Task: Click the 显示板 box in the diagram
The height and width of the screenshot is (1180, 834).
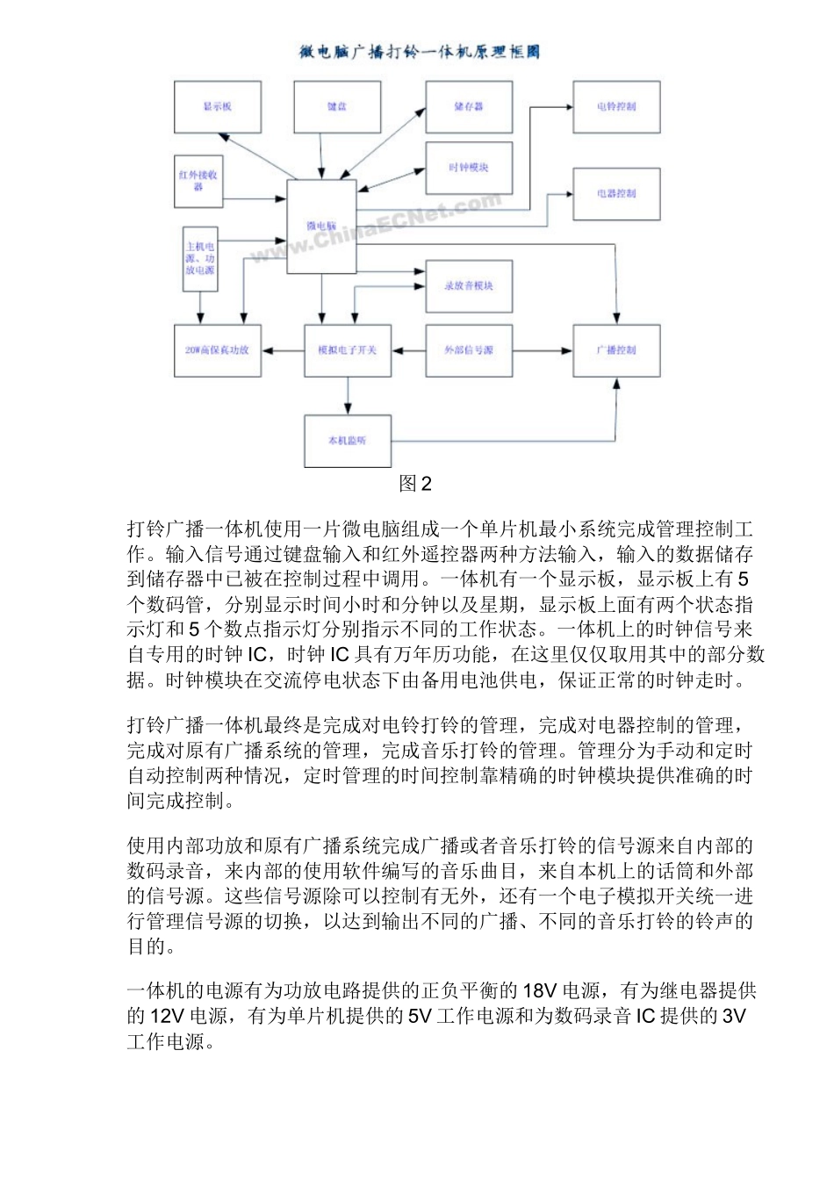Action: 218,107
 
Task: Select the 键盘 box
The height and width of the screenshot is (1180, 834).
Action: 337,107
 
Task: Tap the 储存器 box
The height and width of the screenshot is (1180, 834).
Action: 469,107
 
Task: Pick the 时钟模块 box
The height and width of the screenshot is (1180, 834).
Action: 469,168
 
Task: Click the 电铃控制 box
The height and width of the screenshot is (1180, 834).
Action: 616,107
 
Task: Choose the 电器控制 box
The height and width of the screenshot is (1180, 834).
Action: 616,193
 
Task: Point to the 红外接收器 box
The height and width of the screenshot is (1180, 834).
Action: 198,181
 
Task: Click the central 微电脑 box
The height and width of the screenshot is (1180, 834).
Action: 321,227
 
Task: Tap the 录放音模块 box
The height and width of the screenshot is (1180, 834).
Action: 469,286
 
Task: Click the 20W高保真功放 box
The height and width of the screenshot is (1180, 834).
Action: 218,350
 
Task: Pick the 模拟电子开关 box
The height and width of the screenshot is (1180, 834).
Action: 348,350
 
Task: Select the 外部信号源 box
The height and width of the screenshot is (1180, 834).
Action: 469,350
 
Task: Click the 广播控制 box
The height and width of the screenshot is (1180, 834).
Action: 616,350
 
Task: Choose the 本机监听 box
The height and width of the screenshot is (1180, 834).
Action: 348,440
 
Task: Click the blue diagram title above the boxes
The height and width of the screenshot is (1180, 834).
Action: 419,53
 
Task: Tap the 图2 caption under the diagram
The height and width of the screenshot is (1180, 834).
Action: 415,484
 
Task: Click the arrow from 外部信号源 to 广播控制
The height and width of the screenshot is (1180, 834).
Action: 543,351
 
